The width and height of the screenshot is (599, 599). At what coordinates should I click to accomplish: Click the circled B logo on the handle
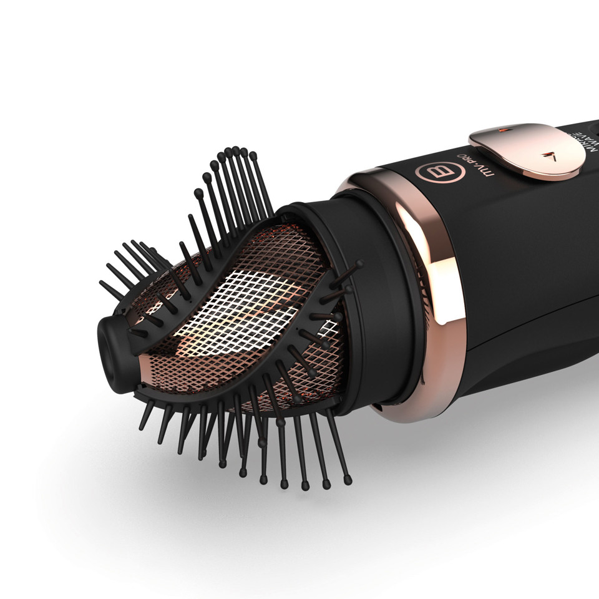[x=431, y=172]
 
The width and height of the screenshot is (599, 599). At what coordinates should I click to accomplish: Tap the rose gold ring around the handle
[x=437, y=293]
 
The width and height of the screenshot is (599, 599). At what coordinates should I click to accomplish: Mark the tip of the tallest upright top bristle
[x=236, y=150]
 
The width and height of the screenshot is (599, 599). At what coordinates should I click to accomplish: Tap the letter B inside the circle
[x=431, y=172]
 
